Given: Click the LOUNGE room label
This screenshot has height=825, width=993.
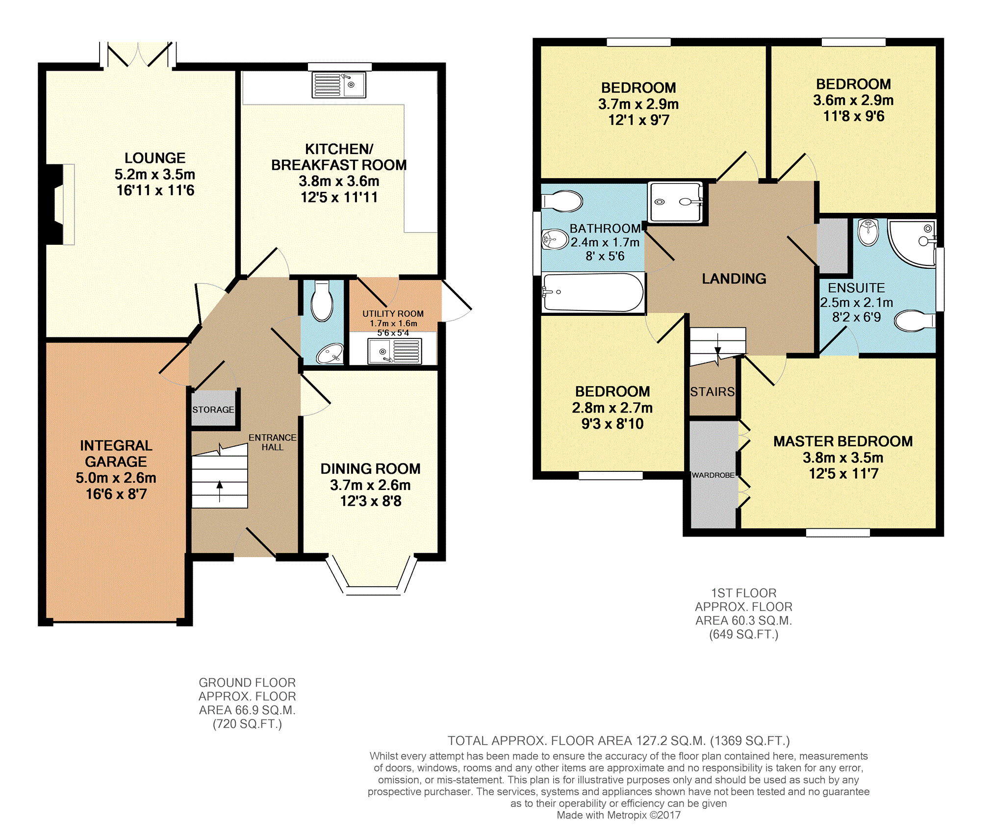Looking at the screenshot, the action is tap(155, 158).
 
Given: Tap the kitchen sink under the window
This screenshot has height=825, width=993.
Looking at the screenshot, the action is tap(339, 85).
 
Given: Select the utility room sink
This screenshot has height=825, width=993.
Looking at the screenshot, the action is tap(395, 351).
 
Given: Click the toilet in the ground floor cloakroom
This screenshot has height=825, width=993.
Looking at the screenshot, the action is tap(322, 301).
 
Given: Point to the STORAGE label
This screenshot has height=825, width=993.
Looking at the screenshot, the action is tap(213, 410).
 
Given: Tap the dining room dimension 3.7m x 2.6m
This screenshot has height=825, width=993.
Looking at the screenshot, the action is tap(370, 485).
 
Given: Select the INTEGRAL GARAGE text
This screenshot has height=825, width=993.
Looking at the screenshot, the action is tap(116, 454).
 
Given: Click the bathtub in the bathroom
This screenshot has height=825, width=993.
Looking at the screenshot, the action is tap(593, 292).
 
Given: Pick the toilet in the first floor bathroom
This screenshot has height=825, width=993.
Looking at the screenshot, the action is tap(562, 201).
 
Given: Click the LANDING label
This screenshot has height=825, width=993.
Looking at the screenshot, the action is tap(734, 279).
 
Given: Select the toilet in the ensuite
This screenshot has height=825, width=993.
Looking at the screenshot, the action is tap(915, 321).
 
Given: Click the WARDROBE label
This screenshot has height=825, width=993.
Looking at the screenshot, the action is tap(713, 475).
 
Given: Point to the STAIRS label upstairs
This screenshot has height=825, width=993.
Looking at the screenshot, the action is tap(713, 392).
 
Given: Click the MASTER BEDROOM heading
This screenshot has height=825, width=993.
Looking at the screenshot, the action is tap(843, 441).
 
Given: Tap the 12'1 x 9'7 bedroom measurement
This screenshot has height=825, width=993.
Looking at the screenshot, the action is tap(638, 120).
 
